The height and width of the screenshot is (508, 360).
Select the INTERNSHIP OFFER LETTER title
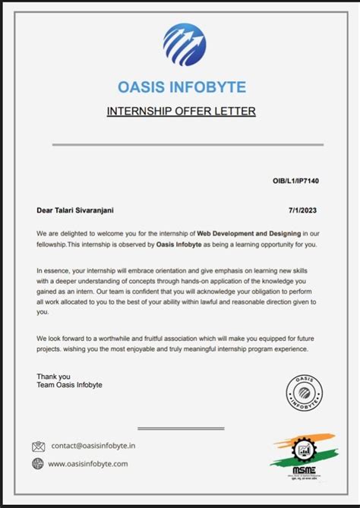click(x=181, y=112)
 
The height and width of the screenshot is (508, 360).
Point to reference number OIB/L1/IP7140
click(x=298, y=181)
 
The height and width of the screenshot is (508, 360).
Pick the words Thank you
click(x=53, y=376)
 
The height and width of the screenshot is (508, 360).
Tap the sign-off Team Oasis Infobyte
click(x=69, y=385)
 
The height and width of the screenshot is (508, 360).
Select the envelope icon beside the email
click(x=38, y=446)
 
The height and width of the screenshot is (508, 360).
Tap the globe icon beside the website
click(x=38, y=463)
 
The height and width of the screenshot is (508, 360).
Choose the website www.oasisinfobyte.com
click(x=88, y=463)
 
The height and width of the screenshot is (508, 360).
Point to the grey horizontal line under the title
click(x=188, y=144)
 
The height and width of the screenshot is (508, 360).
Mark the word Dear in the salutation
click(x=45, y=210)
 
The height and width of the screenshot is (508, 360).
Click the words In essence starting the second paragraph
click(x=55, y=270)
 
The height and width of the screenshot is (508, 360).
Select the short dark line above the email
click(x=180, y=429)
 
